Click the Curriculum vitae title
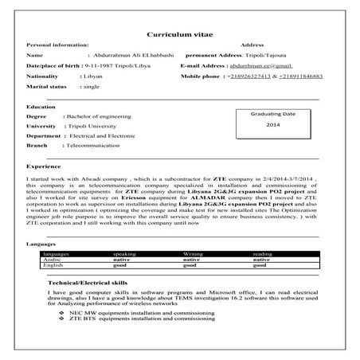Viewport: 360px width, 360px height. pyautogui.click(x=179, y=37)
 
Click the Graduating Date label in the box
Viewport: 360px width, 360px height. pyautogui.click(x=272, y=115)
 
